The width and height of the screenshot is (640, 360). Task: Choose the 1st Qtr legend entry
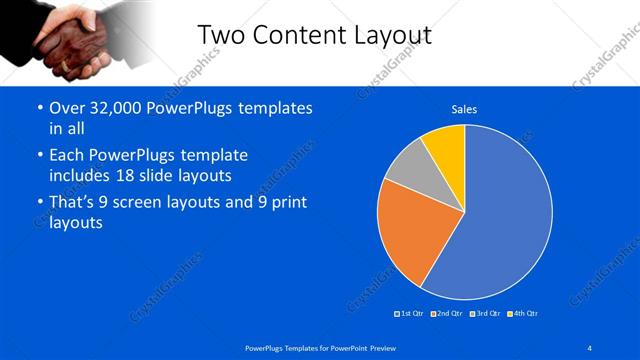pos(410,314)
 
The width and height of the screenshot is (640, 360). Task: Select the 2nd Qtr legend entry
pos(446,314)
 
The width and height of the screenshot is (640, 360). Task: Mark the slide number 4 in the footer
pos(590,347)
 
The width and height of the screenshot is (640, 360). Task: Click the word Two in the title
pos(220,35)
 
